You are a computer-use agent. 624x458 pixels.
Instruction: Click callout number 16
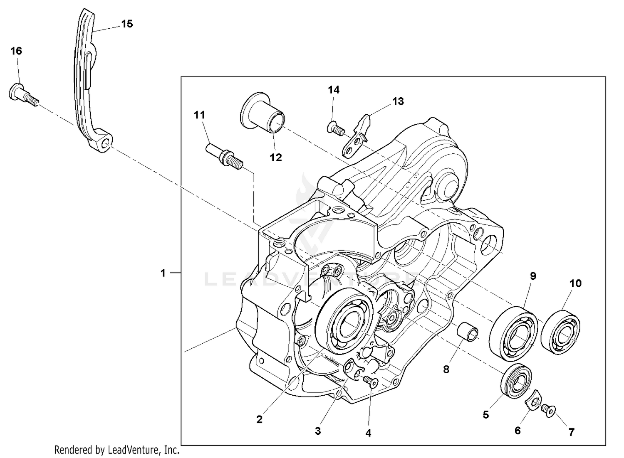[x=16, y=51]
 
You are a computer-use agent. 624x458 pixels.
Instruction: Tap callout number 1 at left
[x=163, y=273]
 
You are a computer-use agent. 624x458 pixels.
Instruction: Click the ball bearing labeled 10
[x=560, y=331]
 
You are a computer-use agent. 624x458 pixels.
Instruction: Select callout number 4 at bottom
[x=368, y=433]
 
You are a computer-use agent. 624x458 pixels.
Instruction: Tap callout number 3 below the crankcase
[x=318, y=431]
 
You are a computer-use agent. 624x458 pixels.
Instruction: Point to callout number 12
[x=276, y=158]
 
